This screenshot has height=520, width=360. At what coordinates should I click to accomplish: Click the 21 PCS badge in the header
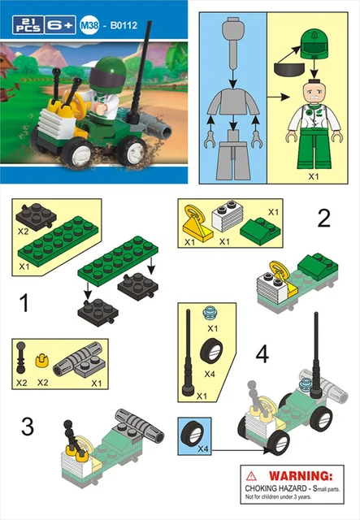click(x=28, y=25)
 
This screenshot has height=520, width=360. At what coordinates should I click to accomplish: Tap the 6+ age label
click(x=60, y=25)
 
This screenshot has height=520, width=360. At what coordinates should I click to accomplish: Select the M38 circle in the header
click(x=89, y=25)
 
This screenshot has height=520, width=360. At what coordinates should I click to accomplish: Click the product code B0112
click(x=124, y=25)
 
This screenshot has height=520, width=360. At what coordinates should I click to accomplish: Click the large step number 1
click(x=24, y=303)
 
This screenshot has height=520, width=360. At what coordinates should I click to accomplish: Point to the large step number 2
click(x=323, y=219)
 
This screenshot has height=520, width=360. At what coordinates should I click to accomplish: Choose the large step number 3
click(x=27, y=426)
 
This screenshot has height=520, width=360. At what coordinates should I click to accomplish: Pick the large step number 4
click(x=262, y=354)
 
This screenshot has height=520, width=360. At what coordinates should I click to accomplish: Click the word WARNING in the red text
click(x=301, y=476)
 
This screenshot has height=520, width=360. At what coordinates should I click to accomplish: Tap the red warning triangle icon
click(x=251, y=477)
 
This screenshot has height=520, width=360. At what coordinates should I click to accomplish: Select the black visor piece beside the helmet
click(x=289, y=68)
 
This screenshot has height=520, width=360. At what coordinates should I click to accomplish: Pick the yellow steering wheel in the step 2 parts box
click(x=198, y=222)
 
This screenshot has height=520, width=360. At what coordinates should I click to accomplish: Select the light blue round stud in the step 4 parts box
click(x=210, y=314)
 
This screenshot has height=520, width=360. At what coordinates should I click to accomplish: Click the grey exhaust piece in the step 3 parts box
click(x=80, y=360)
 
